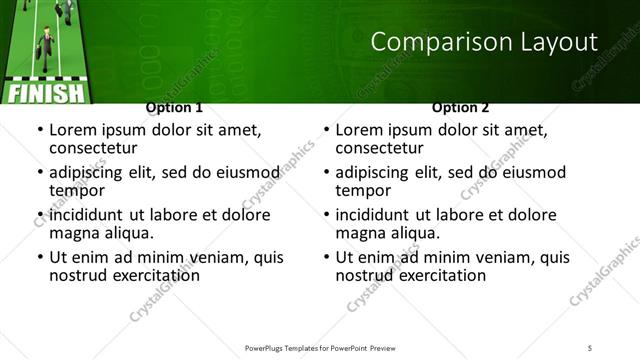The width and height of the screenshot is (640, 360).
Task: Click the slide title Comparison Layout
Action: [485, 42]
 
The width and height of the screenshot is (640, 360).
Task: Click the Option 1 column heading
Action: [174, 107]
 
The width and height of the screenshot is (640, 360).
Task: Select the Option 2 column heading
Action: [460, 107]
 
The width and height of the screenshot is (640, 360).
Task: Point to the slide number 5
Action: [590, 347]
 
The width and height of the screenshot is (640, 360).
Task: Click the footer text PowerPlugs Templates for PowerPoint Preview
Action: [320, 347]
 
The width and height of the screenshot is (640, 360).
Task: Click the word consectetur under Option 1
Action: [98, 148]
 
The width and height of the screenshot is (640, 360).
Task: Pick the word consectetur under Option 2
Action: [384, 148]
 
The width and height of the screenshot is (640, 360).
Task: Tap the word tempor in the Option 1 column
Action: [77, 190]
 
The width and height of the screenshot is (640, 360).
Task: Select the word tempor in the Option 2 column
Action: [363, 190]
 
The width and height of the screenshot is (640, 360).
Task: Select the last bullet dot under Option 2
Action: [326, 257]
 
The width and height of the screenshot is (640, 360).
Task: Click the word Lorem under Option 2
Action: [360, 130]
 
